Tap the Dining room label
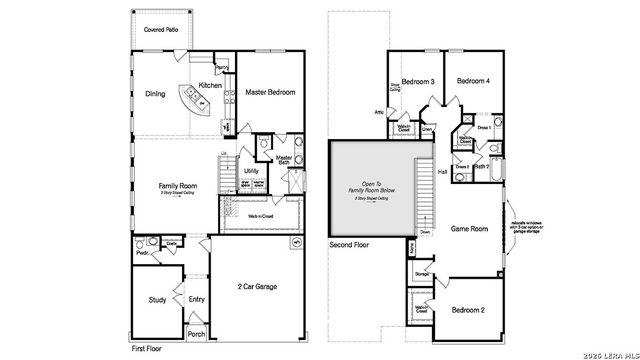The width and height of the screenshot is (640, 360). pyautogui.click(x=154, y=96)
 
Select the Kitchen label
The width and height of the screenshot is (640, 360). pyautogui.click(x=209, y=86)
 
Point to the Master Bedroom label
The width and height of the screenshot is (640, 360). pyautogui.click(x=270, y=92)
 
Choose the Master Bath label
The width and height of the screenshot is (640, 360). pyautogui.click(x=284, y=159)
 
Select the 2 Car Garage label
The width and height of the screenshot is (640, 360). pyautogui.click(x=256, y=287)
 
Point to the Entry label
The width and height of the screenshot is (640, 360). pyautogui.click(x=196, y=297)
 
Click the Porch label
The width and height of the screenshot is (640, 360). pyautogui.click(x=197, y=334)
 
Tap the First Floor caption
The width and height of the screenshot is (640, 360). pyautogui.click(x=149, y=349)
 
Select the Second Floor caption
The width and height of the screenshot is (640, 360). pyautogui.click(x=350, y=244)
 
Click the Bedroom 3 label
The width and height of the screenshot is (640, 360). pyautogui.click(x=418, y=81)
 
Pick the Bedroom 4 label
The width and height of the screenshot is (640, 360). pyautogui.click(x=474, y=81)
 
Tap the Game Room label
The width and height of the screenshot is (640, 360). pyautogui.click(x=469, y=228)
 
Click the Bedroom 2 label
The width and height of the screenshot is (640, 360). pyautogui.click(x=469, y=310)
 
